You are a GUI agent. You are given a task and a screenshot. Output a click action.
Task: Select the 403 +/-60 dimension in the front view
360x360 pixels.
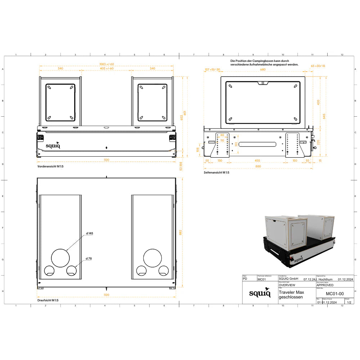(107, 68)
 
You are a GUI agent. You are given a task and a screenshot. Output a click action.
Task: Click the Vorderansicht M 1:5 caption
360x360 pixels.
(48, 167)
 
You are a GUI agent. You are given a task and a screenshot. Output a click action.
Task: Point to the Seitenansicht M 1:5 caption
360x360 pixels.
(216, 172)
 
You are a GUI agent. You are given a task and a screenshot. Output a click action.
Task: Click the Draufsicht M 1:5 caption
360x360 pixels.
(48, 300)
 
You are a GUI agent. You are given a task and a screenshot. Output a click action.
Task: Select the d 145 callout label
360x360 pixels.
(90, 234)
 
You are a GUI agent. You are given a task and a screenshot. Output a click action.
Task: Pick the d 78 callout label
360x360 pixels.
(89, 258)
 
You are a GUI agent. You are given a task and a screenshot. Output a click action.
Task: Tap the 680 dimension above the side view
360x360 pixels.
(263, 69)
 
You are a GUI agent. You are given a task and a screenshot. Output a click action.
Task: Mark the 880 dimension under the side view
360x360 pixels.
(258, 166)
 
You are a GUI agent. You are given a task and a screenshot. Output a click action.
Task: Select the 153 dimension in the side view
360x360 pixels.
(236, 144)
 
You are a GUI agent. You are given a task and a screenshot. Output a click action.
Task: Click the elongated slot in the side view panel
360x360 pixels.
(257, 144)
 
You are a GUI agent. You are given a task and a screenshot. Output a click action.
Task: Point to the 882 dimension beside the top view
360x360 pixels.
(180, 233)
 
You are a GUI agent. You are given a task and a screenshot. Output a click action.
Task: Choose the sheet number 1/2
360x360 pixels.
(349, 303)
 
